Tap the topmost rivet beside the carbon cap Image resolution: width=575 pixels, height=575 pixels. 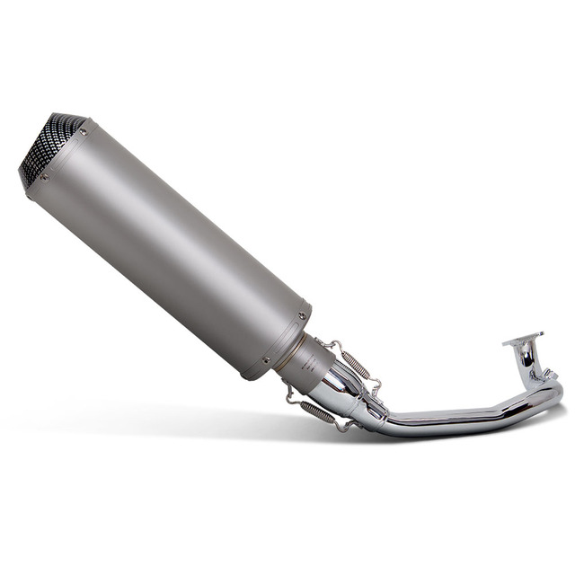pyautogui.click(x=83, y=132)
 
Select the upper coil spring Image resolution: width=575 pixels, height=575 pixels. pyautogui.click(x=355, y=361)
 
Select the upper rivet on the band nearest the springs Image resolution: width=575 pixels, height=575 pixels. pyautogui.click(x=300, y=316)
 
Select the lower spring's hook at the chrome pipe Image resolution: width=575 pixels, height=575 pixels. pyautogui.click(x=342, y=426)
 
